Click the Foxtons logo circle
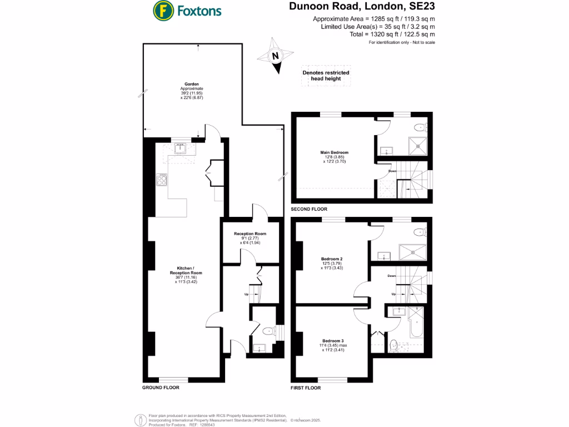(x=162, y=10)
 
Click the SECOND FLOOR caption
(x=309, y=210)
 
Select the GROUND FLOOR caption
(x=161, y=388)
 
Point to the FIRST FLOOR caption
(x=306, y=388)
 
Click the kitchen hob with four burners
(x=162, y=179)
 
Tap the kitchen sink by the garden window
(x=181, y=148)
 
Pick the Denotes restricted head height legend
(x=326, y=76)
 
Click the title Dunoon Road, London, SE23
(x=362, y=7)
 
